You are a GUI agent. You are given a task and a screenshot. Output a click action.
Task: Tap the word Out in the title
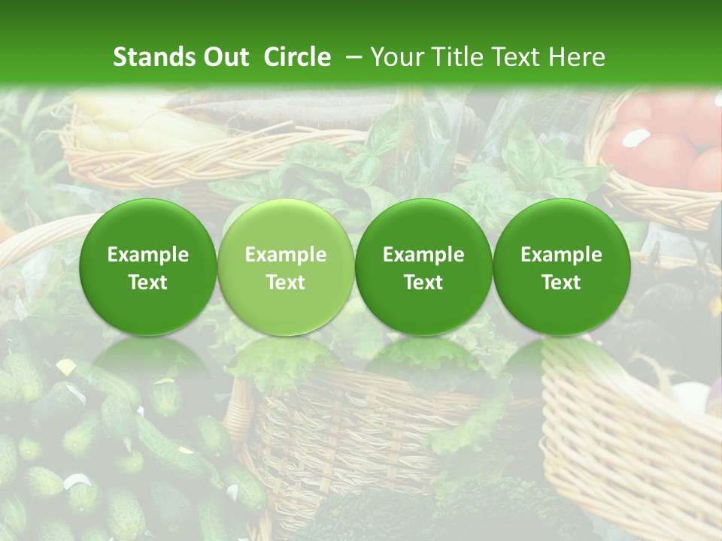[224, 57]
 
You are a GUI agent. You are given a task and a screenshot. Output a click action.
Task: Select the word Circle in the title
[297, 57]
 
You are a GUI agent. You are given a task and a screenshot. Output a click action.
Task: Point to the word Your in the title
[394, 57]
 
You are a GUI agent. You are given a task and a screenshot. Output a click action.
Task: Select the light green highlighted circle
[286, 267]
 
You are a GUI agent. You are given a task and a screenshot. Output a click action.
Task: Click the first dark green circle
[148, 267]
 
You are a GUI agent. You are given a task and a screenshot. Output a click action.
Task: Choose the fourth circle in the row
[562, 267]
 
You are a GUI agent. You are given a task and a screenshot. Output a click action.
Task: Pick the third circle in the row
[423, 267]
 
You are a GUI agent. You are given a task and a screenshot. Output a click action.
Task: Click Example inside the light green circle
[286, 255]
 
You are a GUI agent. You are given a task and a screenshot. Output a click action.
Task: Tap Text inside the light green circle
[286, 283]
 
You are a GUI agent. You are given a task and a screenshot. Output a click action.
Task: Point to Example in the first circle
[148, 255]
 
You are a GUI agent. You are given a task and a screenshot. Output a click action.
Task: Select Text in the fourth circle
[562, 283]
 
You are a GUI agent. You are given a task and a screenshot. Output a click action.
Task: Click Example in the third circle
[423, 255]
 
